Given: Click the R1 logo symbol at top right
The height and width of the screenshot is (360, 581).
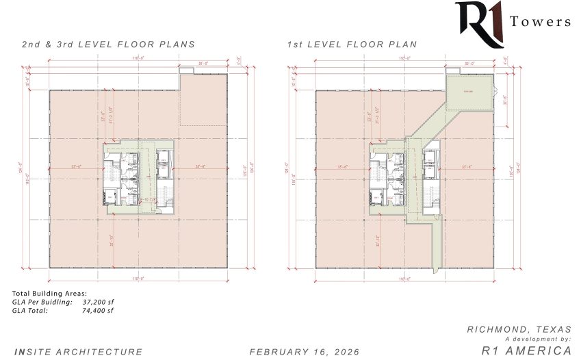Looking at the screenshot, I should pyautogui.click(x=479, y=23).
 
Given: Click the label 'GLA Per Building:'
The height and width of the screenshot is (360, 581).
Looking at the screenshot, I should pyautogui.click(x=42, y=302).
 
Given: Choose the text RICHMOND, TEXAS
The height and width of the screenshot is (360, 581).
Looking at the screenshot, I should pyautogui.click(x=519, y=329).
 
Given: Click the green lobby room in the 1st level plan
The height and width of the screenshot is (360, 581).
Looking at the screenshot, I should pyautogui.click(x=469, y=91).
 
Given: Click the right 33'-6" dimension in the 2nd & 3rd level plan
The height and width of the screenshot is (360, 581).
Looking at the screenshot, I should pyautogui.click(x=201, y=166).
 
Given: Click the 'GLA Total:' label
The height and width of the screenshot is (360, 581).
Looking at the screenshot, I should pyautogui.click(x=30, y=310).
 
